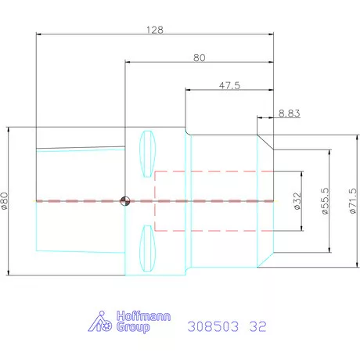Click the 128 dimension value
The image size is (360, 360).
click(x=155, y=29)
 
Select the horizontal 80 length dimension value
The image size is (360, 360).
click(x=199, y=57)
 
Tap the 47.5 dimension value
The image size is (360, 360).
click(x=229, y=85)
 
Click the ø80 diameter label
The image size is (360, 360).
click(x=7, y=200)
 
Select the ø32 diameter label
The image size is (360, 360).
click(x=297, y=201)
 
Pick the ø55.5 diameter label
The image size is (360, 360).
click(x=324, y=202)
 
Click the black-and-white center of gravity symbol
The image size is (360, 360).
click(x=124, y=201)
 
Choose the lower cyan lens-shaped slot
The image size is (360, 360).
click(x=145, y=248)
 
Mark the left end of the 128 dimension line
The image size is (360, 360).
click(x=36, y=34)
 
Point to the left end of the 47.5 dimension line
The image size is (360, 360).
click(x=185, y=89)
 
